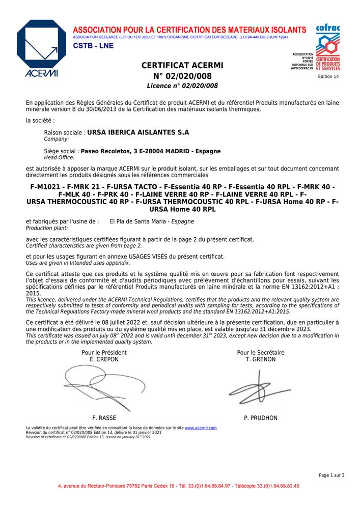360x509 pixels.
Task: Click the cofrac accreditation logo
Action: (327, 48)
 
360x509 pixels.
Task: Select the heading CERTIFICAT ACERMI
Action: (182, 66)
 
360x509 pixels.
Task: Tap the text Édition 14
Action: (328, 76)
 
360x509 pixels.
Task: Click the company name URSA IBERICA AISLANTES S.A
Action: (138, 132)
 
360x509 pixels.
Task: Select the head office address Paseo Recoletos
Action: (151, 151)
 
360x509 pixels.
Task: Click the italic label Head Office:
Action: (60, 158)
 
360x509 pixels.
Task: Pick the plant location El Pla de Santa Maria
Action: (140, 221)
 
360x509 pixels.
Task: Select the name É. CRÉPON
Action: (104, 359)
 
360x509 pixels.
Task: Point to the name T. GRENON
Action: (260, 359)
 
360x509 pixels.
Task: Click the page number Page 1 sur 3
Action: (331, 475)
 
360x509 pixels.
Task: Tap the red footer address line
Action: (178, 486)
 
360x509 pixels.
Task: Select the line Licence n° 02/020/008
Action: (182, 86)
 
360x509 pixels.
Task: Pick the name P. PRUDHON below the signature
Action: (261, 418)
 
